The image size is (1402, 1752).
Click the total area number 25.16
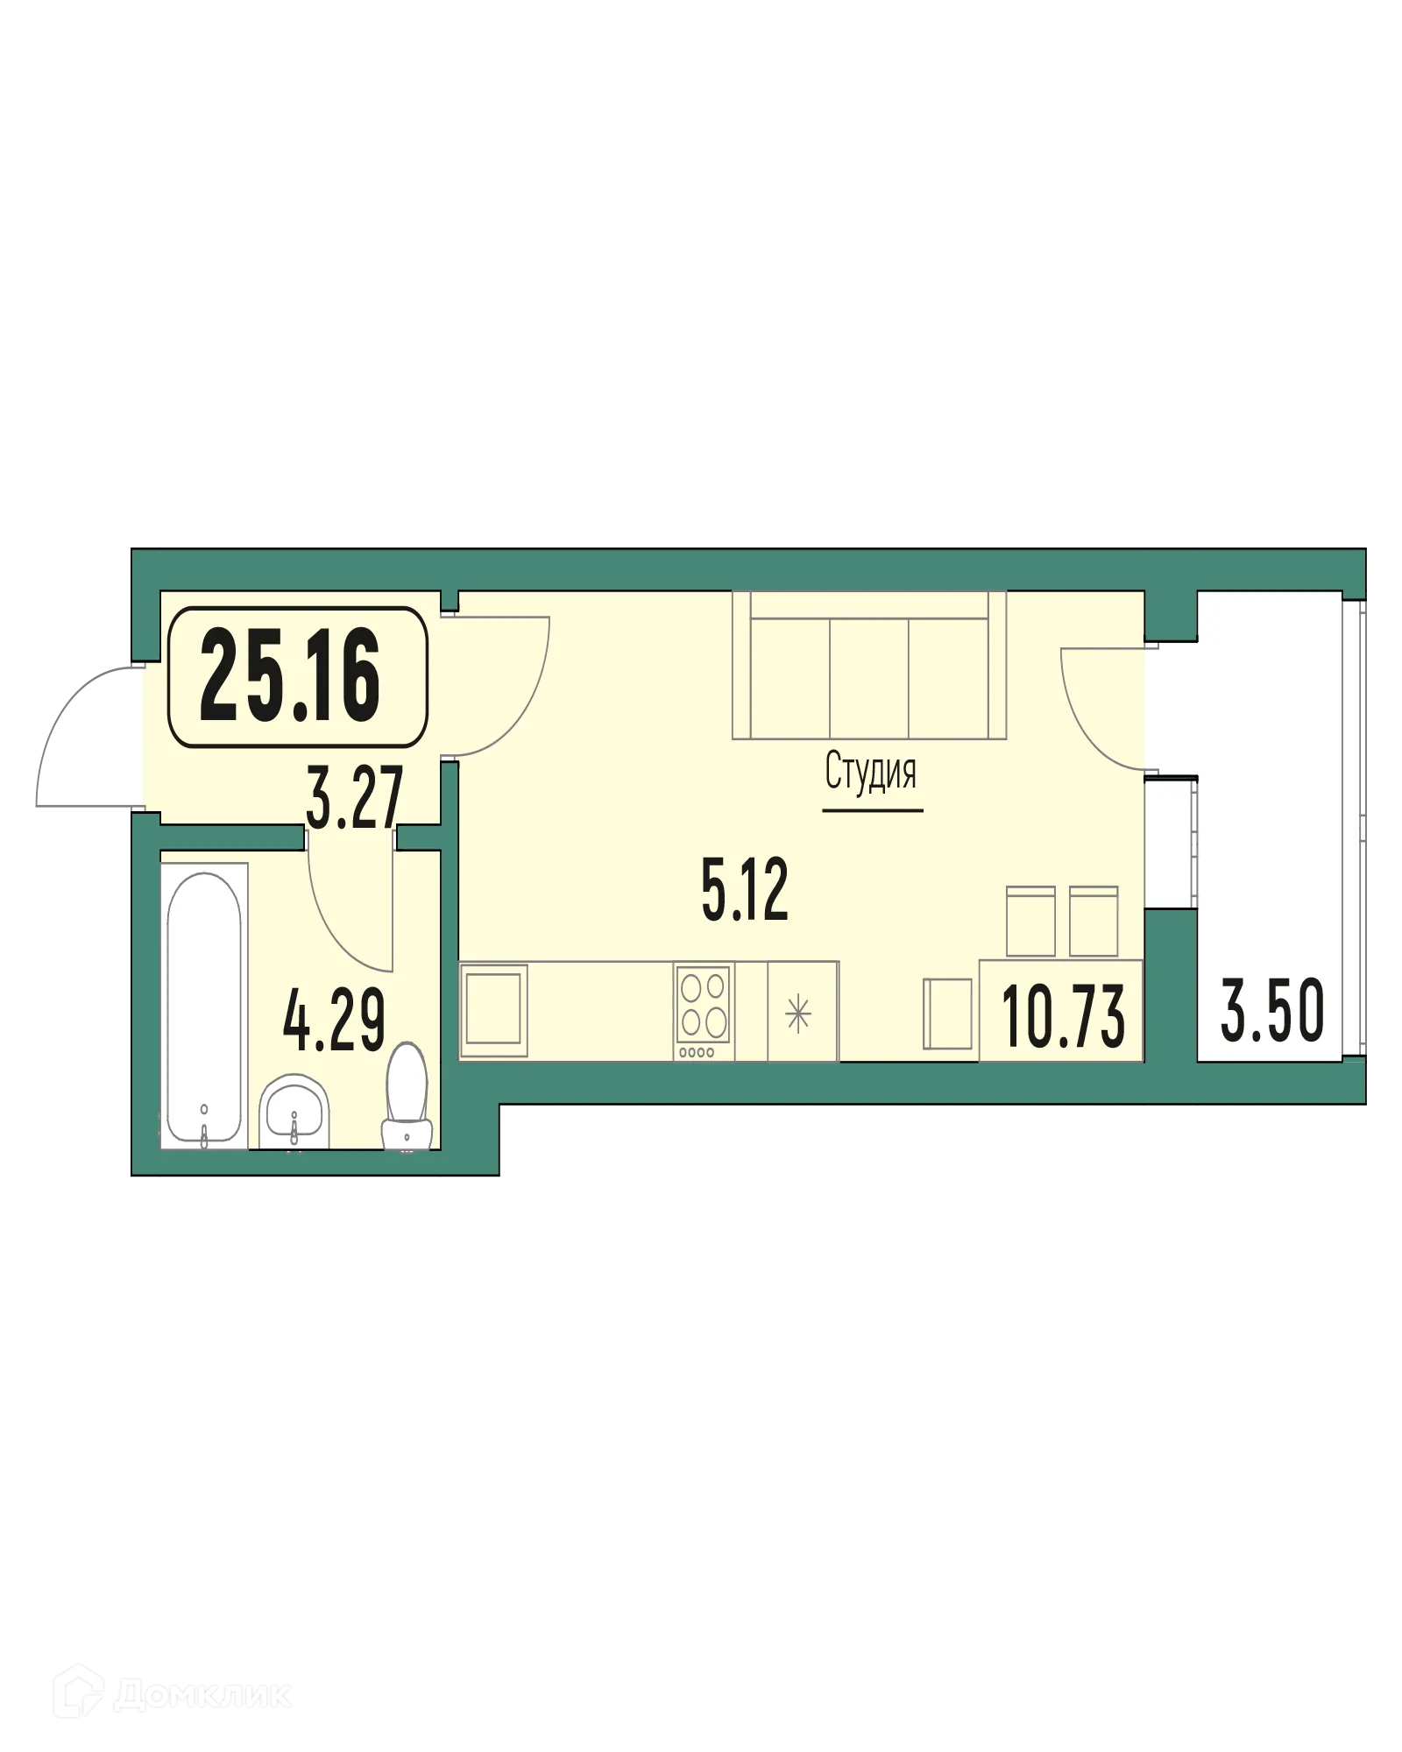point(290,676)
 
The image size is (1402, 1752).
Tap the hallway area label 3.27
point(354,797)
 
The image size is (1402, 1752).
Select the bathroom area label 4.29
point(334,1022)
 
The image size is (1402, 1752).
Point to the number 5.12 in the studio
point(745,890)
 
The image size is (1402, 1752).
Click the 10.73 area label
point(1063,1016)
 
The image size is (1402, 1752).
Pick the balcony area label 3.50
point(1272,1012)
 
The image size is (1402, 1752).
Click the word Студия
point(871,772)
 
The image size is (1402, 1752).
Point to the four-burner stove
point(703,1012)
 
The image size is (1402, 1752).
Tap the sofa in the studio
point(869,666)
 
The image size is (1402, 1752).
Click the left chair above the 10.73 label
point(1030,922)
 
